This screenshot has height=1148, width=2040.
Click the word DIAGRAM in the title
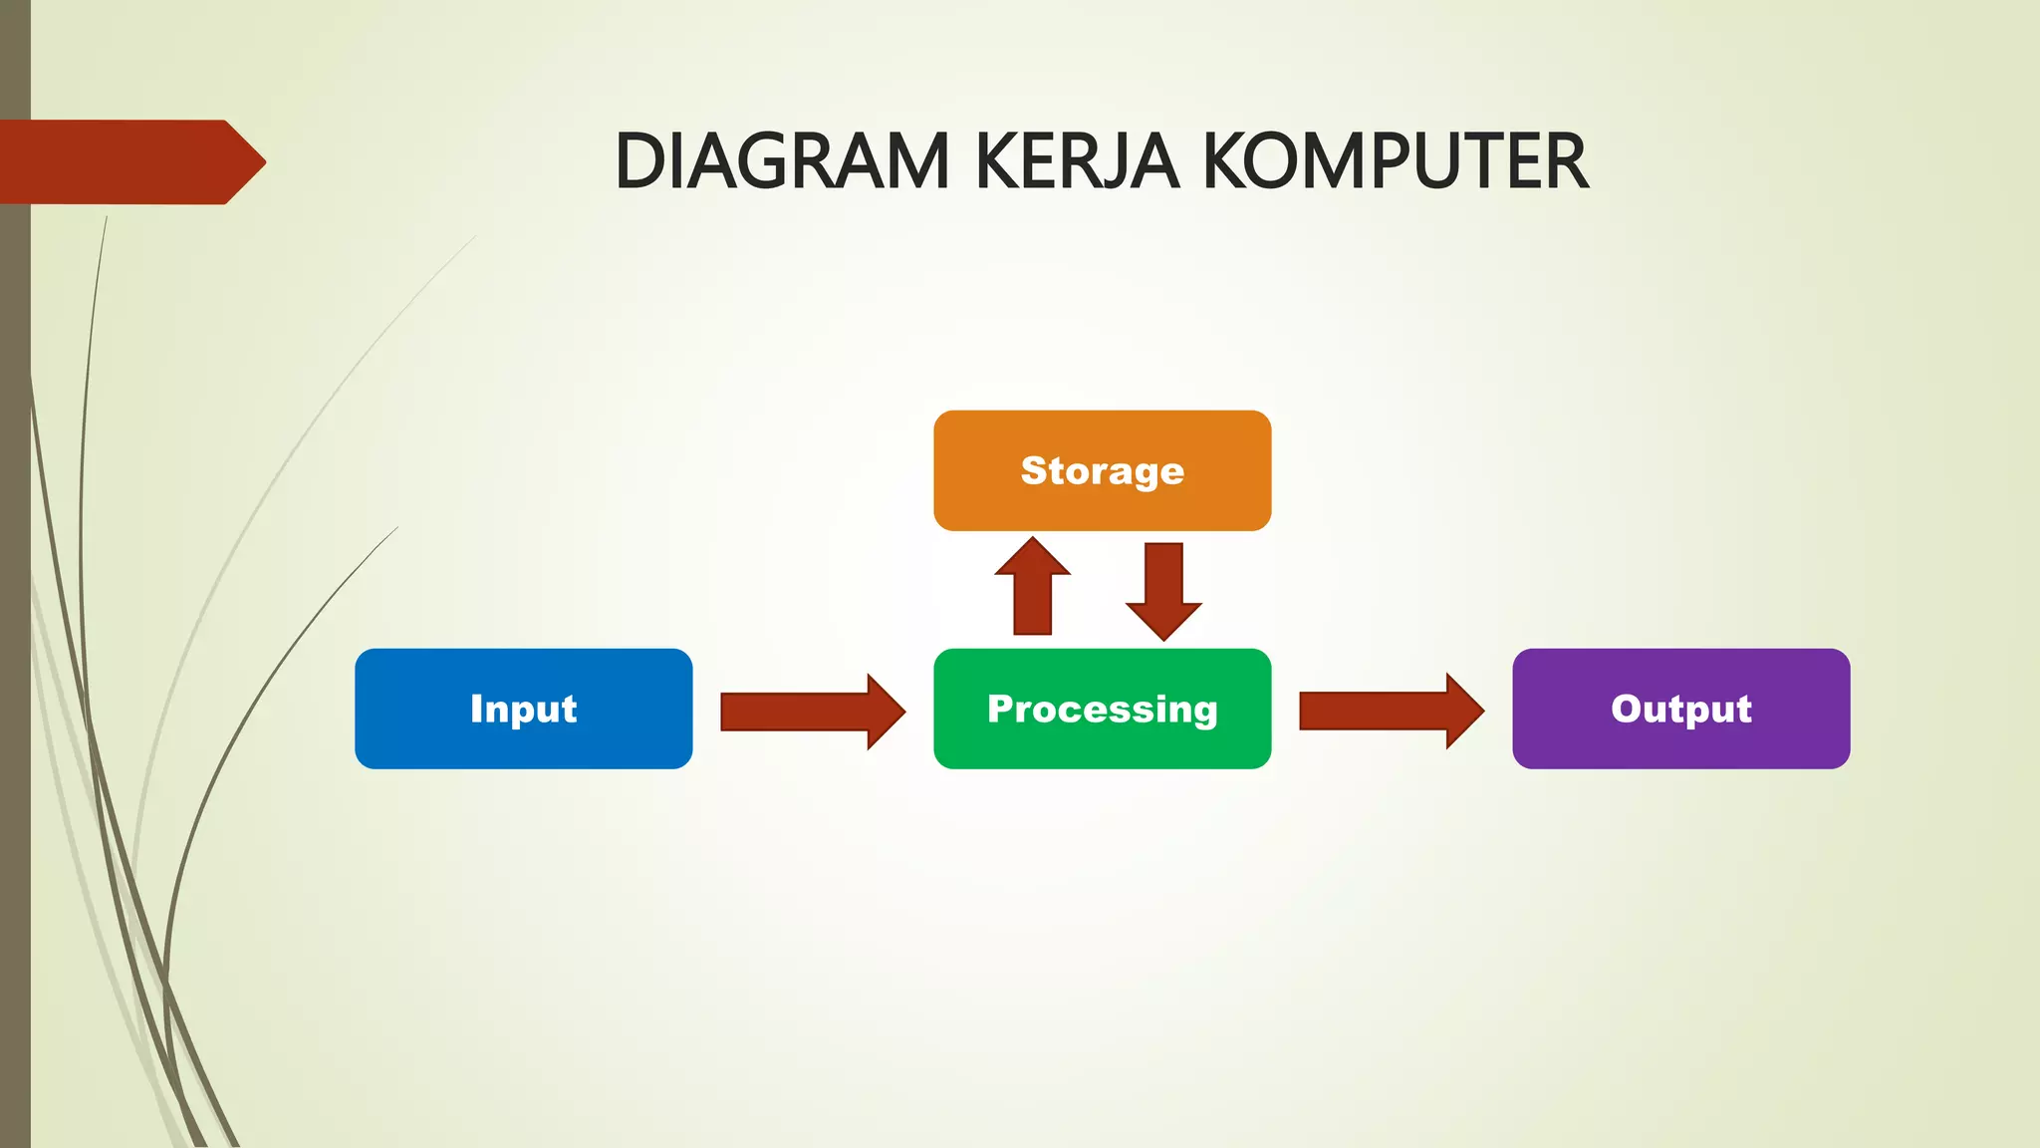pyautogui.click(x=782, y=161)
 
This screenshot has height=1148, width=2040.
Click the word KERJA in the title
pyautogui.click(x=1077, y=161)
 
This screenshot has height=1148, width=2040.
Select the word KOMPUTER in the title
pyautogui.click(x=1395, y=161)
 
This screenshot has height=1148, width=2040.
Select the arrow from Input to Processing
pyautogui.click(x=812, y=712)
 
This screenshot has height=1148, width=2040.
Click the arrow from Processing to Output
pyautogui.click(x=1391, y=711)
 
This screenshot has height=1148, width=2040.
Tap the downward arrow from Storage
pyautogui.click(x=1163, y=591)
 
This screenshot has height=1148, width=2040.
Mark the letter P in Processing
pyautogui.click(x=1000, y=709)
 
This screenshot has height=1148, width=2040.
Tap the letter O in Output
pyautogui.click(x=1628, y=709)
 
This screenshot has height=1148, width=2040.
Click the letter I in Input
pyautogui.click(x=477, y=709)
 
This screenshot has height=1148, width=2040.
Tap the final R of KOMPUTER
pyautogui.click(x=1568, y=161)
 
